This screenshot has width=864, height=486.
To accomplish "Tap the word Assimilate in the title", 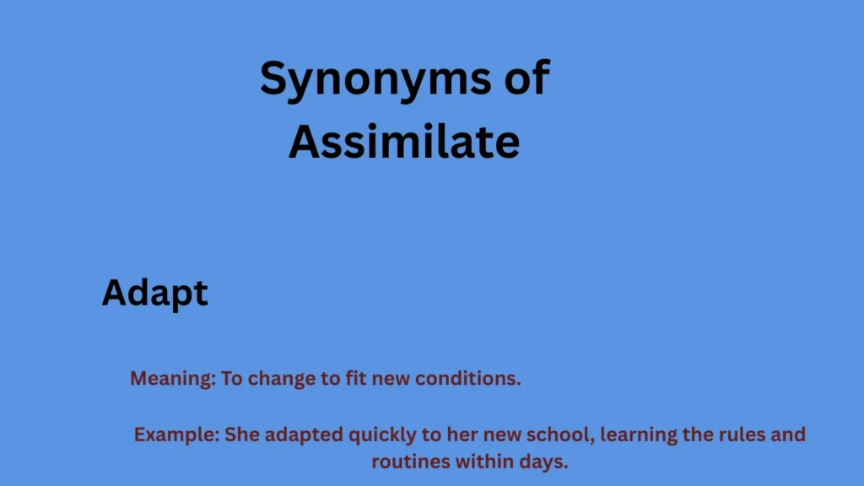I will click(403, 142).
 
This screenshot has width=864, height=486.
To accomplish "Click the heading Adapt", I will click(154, 294).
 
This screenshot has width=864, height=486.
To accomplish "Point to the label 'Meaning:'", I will click(172, 379).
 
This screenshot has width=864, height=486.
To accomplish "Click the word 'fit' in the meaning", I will click(355, 379).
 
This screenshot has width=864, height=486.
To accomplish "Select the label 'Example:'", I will click(177, 435).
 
